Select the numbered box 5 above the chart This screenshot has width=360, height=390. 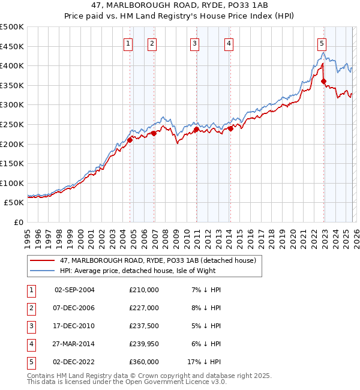tap(322, 43)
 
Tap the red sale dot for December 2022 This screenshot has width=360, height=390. tap(323, 82)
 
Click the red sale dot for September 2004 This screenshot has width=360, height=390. tap(130, 140)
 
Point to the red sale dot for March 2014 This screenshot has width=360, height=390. tap(230, 128)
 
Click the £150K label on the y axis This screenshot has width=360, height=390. tap(12, 163)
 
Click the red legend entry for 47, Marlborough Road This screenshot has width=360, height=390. tap(158, 260)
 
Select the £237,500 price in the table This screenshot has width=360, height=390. tap(144, 327)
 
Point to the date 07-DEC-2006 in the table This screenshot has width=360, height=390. tap(74, 308)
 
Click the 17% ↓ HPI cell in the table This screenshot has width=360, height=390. tap(204, 362)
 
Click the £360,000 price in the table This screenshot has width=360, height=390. tap(144, 362)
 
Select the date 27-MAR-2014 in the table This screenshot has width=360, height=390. tap(74, 344)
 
